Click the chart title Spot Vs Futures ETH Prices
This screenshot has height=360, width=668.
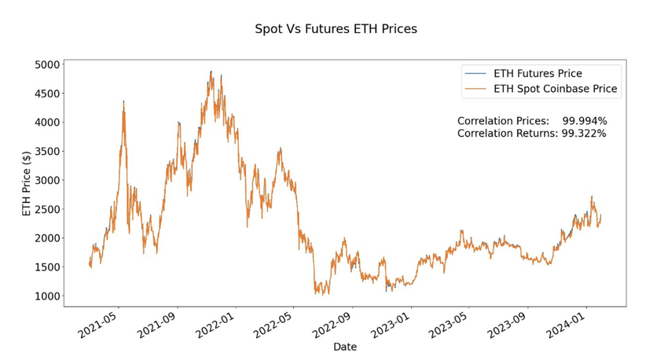coord(336,29)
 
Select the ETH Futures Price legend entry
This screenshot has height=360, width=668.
coord(538,74)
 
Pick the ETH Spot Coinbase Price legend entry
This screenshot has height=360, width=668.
coord(556,90)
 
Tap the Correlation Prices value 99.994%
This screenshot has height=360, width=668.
coord(585,121)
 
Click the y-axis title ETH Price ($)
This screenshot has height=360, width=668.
coord(27,185)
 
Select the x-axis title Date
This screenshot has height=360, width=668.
coord(345,347)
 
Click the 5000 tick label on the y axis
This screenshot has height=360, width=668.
coord(45,64)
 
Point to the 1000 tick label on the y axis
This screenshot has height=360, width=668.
coord(45,296)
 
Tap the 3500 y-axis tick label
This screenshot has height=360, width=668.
coord(45,152)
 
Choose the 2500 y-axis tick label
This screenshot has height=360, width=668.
coord(45,210)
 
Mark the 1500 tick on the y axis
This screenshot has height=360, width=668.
coord(45,267)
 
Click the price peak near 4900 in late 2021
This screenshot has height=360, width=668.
coord(211,72)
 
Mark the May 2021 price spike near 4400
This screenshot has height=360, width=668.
coord(123,101)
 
